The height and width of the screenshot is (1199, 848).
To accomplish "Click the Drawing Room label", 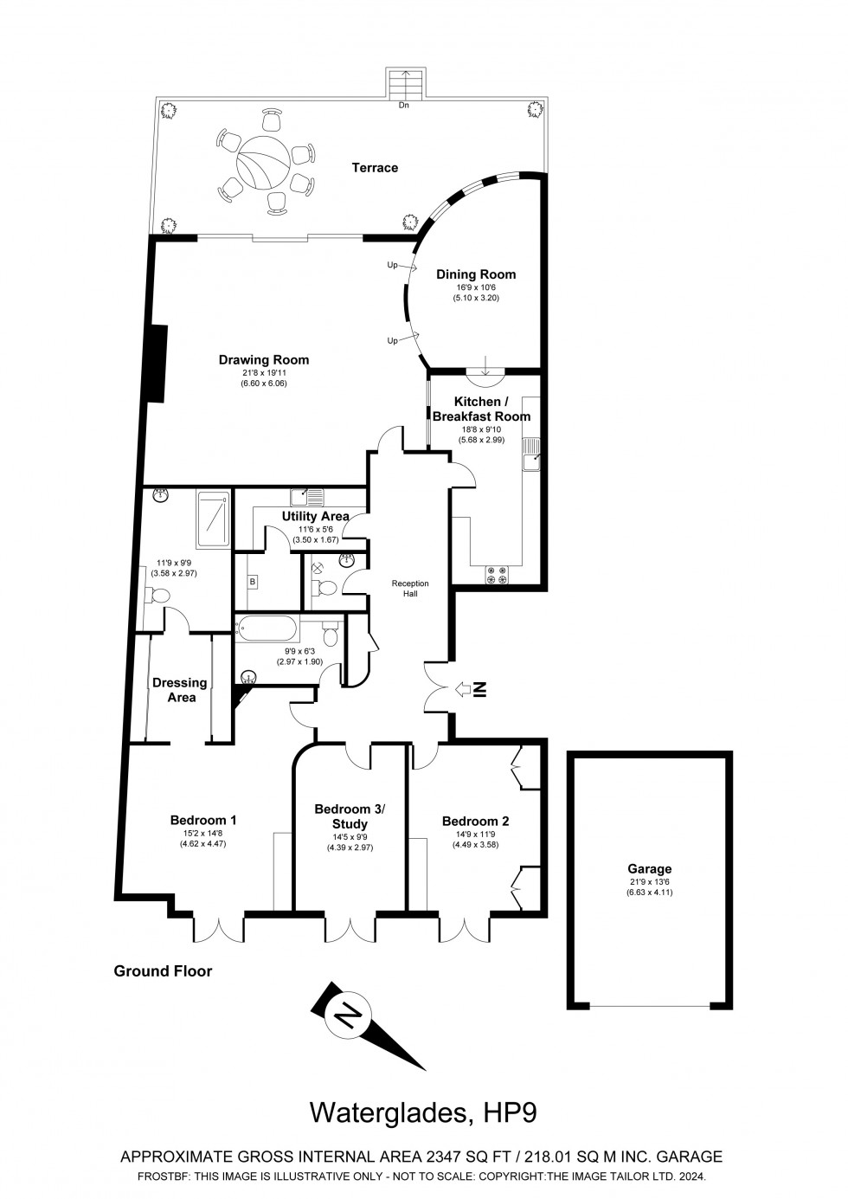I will point(263,360).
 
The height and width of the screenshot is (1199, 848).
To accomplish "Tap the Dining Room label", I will point(475,274).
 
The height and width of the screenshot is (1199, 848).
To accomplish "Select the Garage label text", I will point(649,869).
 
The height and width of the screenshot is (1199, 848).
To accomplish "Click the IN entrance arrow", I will point(472,689).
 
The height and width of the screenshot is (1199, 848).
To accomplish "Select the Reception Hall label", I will point(410,589).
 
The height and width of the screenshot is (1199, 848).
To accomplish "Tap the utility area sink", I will point(307,497).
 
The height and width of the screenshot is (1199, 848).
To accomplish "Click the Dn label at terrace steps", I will point(403,106).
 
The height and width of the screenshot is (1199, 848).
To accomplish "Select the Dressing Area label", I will point(180,689).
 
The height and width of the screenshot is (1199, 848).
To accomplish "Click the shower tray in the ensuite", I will point(213,519).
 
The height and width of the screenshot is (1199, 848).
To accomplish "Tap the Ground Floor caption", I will point(163,971).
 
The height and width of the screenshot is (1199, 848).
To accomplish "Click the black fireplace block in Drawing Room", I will point(157,362).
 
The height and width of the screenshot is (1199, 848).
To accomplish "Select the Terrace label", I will point(375,167).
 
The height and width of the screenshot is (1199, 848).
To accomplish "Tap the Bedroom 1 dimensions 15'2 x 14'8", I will point(203,834).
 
